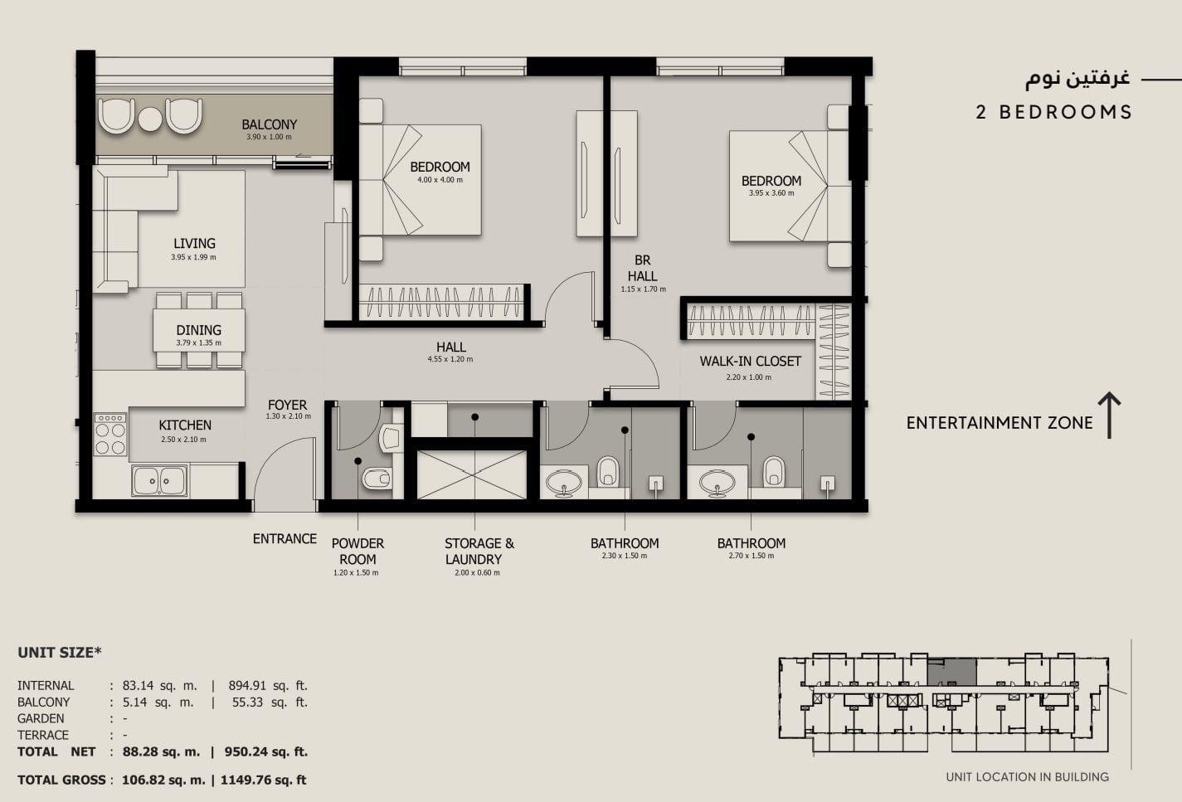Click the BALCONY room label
(269, 124)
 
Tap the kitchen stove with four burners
(110, 435)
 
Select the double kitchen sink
(159, 481)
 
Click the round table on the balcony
(150, 119)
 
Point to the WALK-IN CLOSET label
(751, 362)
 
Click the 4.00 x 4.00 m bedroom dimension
(440, 180)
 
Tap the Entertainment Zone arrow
(1109, 415)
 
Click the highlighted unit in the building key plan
(952, 672)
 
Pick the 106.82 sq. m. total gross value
(163, 780)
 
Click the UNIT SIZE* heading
(60, 653)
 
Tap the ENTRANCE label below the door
(285, 539)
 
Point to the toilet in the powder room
(377, 479)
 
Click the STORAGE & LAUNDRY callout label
(479, 552)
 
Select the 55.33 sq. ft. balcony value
(270, 702)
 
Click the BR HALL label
(643, 268)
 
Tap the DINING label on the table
(198, 330)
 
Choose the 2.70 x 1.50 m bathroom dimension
(752, 556)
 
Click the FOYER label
(287, 406)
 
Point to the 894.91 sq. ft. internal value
(268, 686)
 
